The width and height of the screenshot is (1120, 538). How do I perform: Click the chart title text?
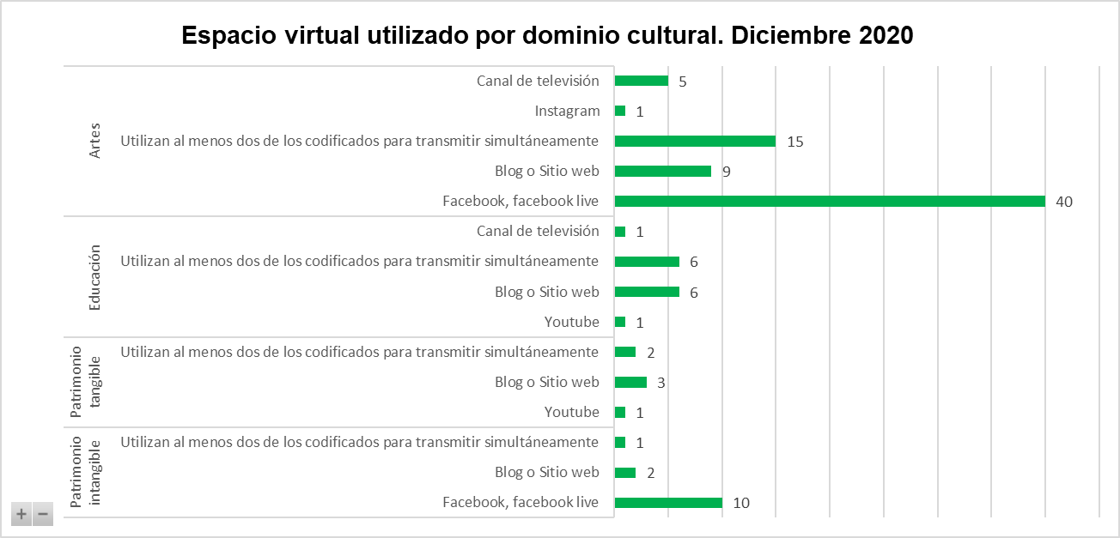(x=547, y=36)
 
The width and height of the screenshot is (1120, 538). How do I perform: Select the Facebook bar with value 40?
(x=830, y=202)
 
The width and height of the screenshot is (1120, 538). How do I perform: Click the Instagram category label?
(x=567, y=112)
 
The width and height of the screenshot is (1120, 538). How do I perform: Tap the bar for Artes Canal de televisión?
(x=642, y=82)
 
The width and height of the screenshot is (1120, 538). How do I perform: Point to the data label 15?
(x=794, y=142)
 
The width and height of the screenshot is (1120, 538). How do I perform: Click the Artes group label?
(x=95, y=142)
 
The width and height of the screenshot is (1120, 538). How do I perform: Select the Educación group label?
(x=95, y=277)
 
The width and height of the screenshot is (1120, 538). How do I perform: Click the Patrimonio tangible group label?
(x=85, y=383)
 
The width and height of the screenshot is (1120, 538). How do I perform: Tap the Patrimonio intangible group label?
(x=85, y=473)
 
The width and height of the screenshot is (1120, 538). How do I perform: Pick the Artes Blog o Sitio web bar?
(x=663, y=172)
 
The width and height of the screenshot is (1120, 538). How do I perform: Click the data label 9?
(x=726, y=172)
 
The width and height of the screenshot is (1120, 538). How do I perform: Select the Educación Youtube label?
(x=571, y=323)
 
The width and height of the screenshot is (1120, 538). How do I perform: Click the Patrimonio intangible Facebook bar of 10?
(x=668, y=503)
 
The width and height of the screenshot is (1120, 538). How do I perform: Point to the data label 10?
(x=741, y=503)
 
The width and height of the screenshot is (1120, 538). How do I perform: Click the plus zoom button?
(x=21, y=515)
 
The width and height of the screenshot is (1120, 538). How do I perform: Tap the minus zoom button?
(x=42, y=515)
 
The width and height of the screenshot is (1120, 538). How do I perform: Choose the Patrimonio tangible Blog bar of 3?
(x=631, y=383)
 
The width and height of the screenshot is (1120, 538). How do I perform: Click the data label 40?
(x=1065, y=202)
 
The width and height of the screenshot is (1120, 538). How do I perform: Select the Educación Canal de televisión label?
(x=538, y=232)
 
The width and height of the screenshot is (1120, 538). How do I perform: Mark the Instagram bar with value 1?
(x=620, y=112)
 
